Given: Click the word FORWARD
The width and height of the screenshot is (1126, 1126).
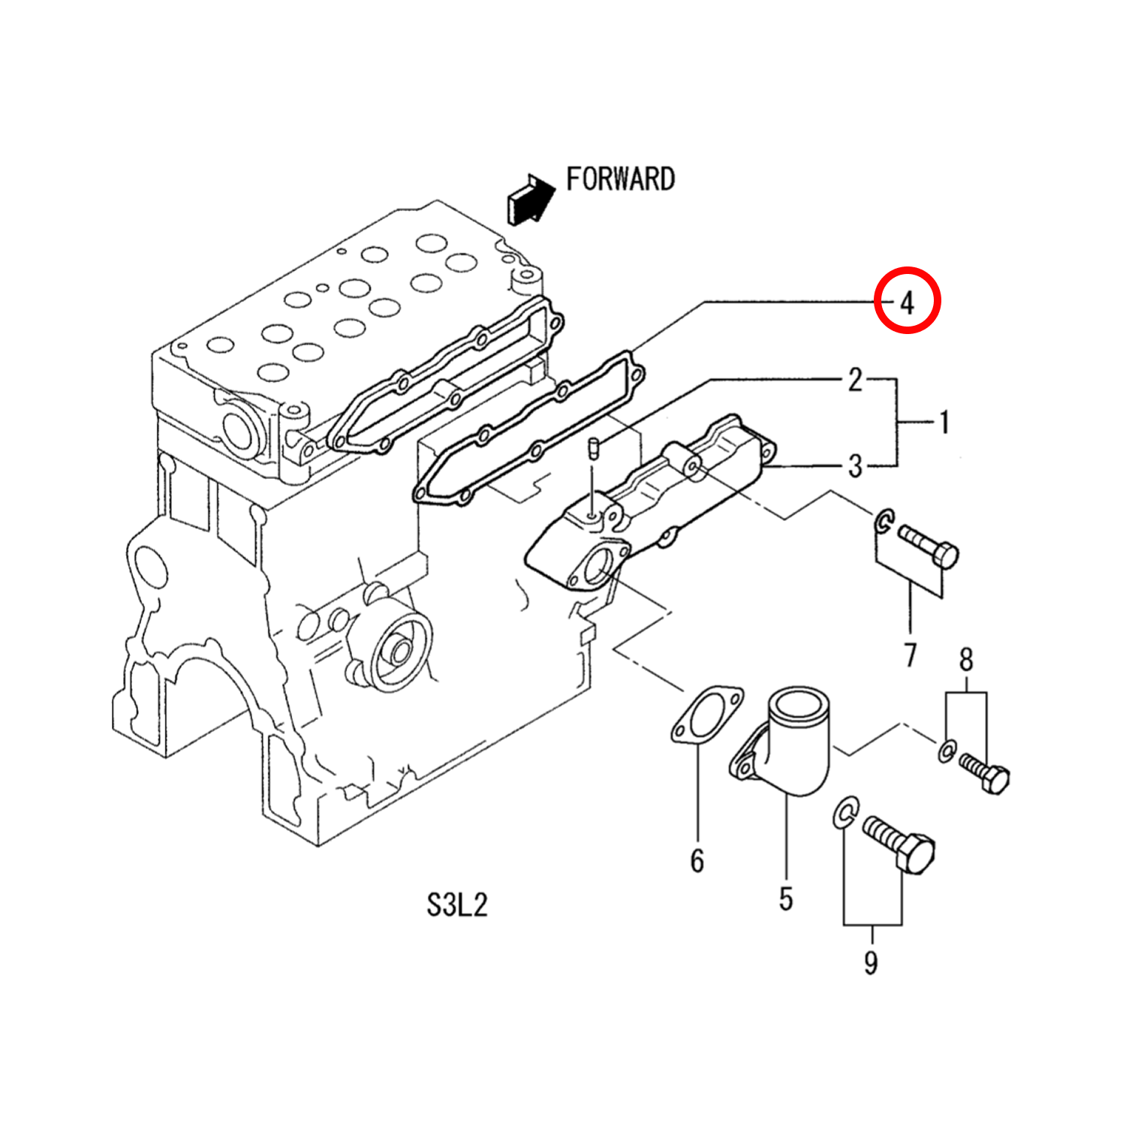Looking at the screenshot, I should pos(620,179).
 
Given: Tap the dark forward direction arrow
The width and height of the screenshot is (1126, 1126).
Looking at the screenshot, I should pos(530,199).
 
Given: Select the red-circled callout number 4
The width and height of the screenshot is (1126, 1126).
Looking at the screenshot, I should pos(908,303).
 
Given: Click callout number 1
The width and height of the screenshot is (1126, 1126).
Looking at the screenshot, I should pos(944,423).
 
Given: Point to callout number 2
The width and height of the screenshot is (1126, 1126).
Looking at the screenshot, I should pos(855,381).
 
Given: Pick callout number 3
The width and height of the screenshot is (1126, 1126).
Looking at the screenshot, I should pos(855,466).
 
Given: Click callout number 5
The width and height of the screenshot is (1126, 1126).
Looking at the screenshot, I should pos(785,899).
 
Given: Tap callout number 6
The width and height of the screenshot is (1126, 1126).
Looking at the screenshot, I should pos(697,861).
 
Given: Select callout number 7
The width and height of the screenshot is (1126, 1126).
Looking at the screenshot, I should pos(911,655).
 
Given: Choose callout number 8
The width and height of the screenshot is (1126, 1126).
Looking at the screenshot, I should pos(966,660).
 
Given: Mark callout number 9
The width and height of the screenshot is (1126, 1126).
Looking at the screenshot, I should pos(871,962).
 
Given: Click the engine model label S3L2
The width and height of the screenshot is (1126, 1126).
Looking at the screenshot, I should pos(457,905).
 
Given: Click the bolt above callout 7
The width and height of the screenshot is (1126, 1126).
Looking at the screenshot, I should pos(929,546).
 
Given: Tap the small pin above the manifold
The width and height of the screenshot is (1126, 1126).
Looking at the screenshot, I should pos(592,447).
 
